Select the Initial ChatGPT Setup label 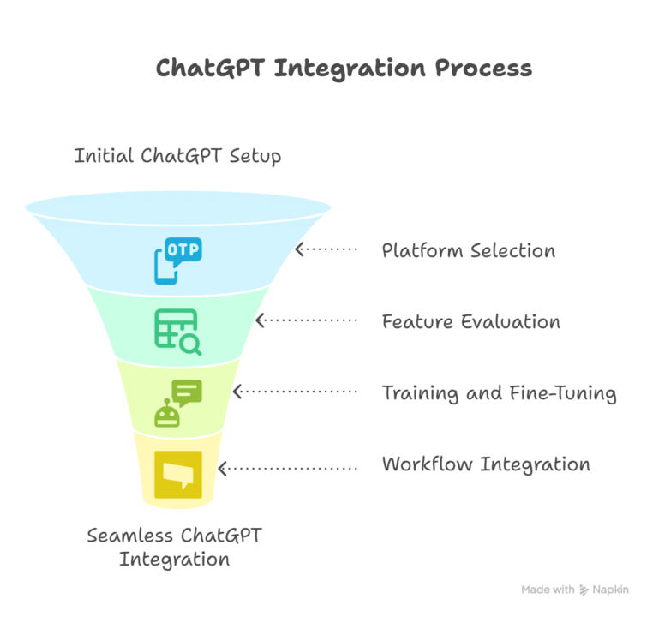[x=177, y=157]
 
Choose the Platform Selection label [x=468, y=251]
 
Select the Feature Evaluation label [x=470, y=322]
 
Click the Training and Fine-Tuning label [x=499, y=393]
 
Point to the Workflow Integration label [x=485, y=464]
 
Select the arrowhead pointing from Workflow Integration [x=223, y=468]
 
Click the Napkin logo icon [x=584, y=590]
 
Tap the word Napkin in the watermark [x=611, y=590]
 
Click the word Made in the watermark [x=536, y=590]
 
